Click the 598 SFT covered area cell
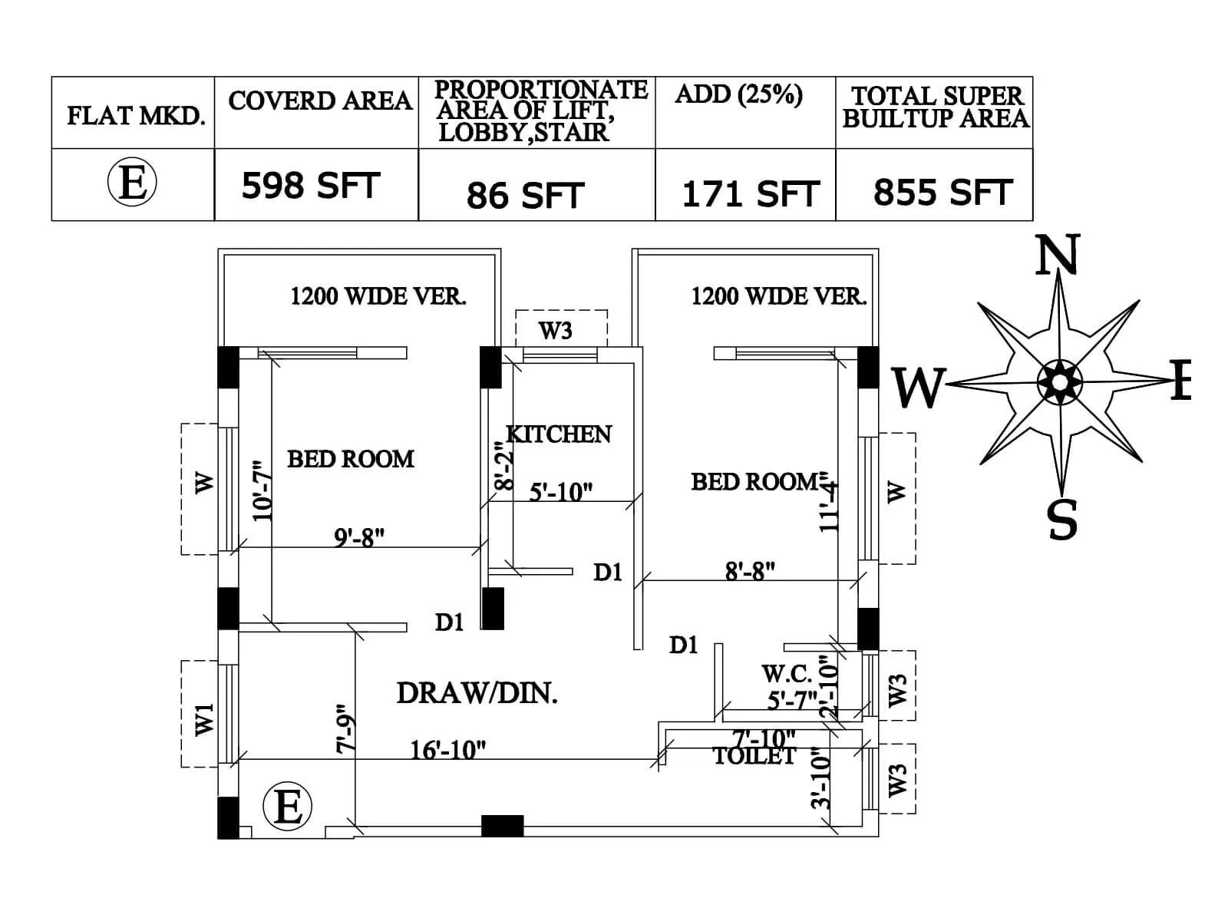[311, 186]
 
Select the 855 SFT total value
[942, 192]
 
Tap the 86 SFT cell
[525, 195]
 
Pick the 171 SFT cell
[750, 193]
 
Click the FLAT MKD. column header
[136, 116]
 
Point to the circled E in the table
[132, 183]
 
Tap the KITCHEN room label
[559, 434]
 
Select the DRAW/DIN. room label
[477, 693]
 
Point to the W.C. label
[786, 674]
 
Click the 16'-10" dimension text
[447, 749]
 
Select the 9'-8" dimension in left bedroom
[358, 537]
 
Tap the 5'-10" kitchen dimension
[561, 491]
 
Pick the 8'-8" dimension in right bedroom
[750, 571]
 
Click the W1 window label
[204, 718]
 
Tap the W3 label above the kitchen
[555, 331]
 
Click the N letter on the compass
[1058, 256]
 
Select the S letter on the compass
[1062, 520]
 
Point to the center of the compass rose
[1060, 381]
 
